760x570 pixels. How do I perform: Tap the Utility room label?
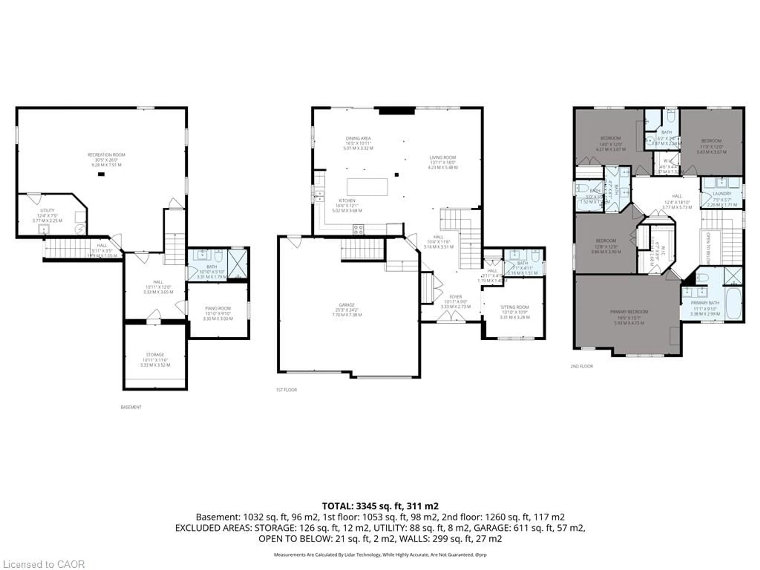point(47,210)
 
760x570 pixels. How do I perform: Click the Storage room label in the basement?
point(155,355)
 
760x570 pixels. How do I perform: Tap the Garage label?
point(347,305)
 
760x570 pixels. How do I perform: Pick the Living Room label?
point(443,157)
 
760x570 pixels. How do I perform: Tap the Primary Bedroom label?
point(629,312)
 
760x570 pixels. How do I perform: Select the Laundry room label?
point(722,194)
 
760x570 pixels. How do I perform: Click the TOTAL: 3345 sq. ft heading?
point(380,506)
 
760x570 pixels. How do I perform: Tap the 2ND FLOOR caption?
point(582,366)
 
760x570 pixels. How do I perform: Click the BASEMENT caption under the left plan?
point(131,407)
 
